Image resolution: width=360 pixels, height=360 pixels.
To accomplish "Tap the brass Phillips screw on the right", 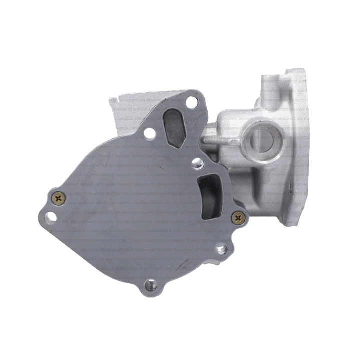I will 238,217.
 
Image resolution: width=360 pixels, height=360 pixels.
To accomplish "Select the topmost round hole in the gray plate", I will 191,102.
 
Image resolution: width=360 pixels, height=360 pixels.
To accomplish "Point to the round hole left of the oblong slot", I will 149,133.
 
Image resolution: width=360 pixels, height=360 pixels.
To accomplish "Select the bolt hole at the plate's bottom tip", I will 150,285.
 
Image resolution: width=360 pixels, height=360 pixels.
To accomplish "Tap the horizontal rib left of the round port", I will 220,142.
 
